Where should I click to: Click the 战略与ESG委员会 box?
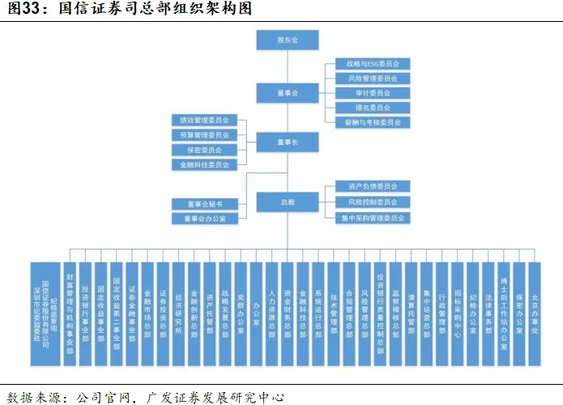pos(373,64)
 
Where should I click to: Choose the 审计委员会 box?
pos(373,93)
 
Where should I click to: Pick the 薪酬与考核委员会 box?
pos(373,122)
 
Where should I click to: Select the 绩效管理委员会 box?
pos(204,121)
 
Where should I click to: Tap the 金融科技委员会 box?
pos(204,165)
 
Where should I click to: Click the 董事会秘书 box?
pos(204,203)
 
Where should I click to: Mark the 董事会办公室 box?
pos(204,219)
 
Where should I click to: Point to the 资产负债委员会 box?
pos(373,187)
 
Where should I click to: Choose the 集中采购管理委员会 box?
pos(373,218)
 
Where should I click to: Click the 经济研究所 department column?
pos(178,306)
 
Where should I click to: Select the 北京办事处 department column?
pos(535,306)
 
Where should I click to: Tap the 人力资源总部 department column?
pos(272,306)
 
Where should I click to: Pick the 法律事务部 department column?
pos(488,306)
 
